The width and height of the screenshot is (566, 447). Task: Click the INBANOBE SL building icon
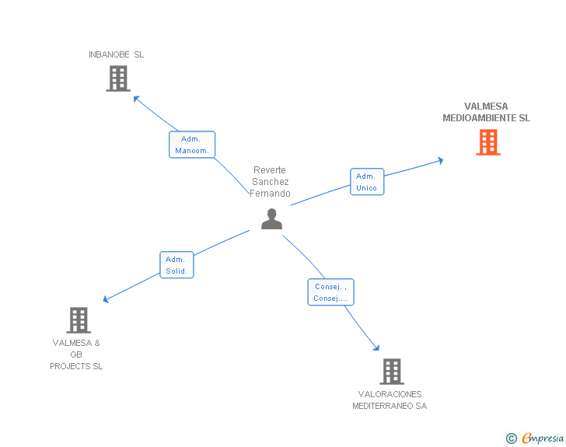(x=117, y=79)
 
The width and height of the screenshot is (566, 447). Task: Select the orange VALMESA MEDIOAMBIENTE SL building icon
(x=487, y=142)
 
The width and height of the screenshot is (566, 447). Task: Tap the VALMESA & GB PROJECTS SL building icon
(x=78, y=320)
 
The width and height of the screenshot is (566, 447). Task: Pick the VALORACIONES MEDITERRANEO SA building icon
(x=392, y=372)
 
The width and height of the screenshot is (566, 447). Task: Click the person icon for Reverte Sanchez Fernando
(x=271, y=219)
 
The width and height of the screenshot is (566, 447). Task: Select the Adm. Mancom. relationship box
(x=192, y=145)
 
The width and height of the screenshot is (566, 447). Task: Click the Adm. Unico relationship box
(x=366, y=182)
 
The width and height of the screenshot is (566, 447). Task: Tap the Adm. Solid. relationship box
(x=176, y=265)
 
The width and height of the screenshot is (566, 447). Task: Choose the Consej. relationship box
(x=330, y=292)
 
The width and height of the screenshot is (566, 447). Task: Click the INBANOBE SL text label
(x=116, y=54)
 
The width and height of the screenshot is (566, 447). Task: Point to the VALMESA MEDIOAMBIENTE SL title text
(x=486, y=113)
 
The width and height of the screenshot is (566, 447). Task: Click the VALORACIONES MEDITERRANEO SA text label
(x=390, y=400)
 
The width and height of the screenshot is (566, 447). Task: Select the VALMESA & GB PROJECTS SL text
(x=76, y=354)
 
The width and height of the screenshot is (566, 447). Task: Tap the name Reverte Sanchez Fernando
(x=270, y=182)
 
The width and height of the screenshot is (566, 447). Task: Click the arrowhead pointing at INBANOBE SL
(x=136, y=98)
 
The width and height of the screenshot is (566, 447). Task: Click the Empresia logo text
(x=542, y=438)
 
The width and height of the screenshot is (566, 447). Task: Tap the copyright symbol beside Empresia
(x=512, y=439)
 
